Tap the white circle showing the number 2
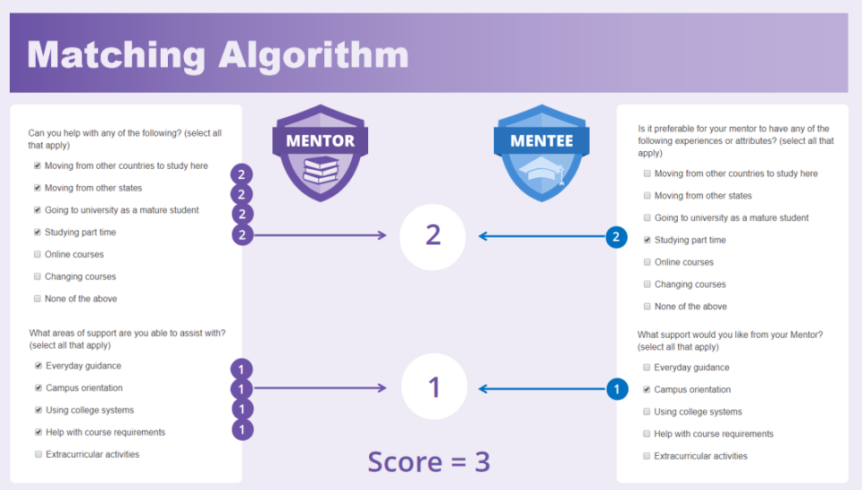pyautogui.click(x=433, y=236)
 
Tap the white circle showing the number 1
pyautogui.click(x=433, y=388)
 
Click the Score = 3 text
pyautogui.click(x=429, y=461)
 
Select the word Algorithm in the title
pyautogui.click(x=312, y=55)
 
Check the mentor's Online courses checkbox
pyautogui.click(x=37, y=254)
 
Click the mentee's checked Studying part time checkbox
pyautogui.click(x=646, y=240)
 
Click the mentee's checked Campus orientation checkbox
pyautogui.click(x=646, y=389)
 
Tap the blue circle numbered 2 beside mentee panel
pyautogui.click(x=616, y=237)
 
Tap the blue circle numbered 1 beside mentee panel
pyautogui.click(x=616, y=389)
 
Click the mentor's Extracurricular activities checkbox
pyautogui.click(x=38, y=454)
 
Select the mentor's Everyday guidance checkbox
pyautogui.click(x=38, y=366)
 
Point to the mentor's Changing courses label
pyautogui.click(x=81, y=277)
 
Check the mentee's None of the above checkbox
pyautogui.click(x=646, y=307)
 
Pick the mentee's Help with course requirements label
pyautogui.click(x=713, y=434)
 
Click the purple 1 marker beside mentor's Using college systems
pyautogui.click(x=242, y=409)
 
